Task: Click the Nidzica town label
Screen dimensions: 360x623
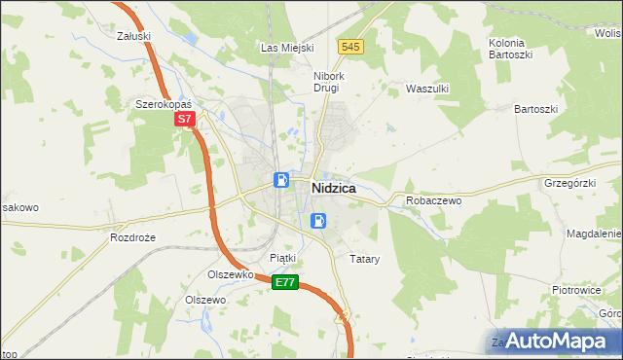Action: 333,188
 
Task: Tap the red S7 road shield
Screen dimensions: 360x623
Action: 186,120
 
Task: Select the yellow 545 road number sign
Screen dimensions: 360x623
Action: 351,47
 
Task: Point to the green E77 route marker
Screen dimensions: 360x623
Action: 284,282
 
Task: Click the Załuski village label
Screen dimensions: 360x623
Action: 132,36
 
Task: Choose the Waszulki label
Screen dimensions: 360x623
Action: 425,88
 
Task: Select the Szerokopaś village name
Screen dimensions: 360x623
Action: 165,103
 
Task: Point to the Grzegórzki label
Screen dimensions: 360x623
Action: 569,182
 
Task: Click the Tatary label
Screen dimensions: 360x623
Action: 364,260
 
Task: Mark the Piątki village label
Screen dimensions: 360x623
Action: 282,258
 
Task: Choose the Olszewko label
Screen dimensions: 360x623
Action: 231,274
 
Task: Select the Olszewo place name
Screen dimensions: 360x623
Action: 205,300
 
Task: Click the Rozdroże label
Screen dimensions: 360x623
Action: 132,236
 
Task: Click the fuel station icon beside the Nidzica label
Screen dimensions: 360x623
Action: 280,180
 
